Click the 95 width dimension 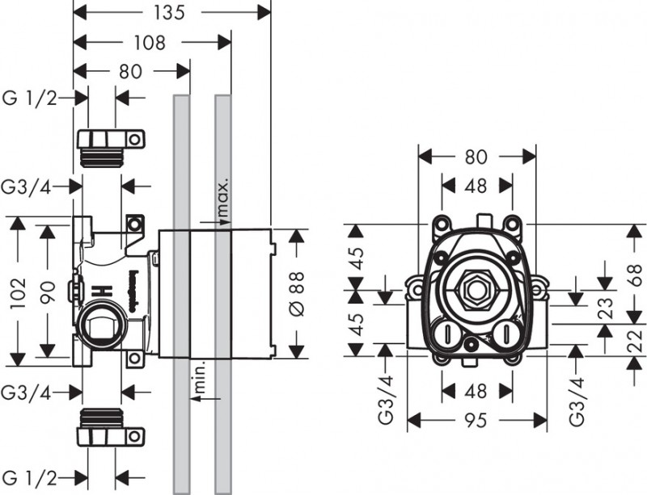tap(477, 420)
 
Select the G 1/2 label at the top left tap(31, 97)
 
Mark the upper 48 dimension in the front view tap(476, 186)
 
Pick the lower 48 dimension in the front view tap(476, 392)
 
